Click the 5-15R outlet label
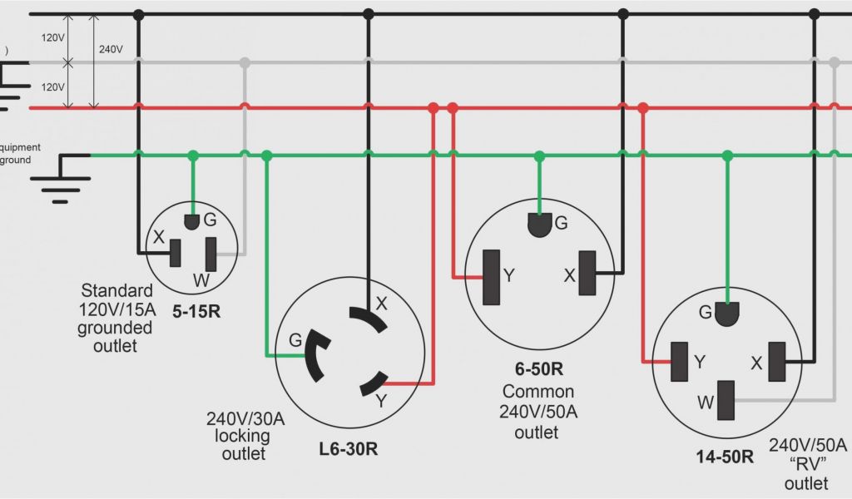(197, 314)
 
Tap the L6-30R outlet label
(349, 449)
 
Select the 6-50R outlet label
(538, 368)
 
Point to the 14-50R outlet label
(725, 457)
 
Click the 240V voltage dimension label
(111, 49)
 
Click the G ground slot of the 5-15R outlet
(192, 222)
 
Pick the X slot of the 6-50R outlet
(588, 274)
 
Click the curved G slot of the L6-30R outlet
(314, 353)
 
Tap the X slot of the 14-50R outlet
(777, 362)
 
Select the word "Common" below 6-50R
(537, 391)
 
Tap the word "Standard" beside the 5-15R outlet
(116, 290)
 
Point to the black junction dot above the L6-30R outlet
(369, 14)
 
